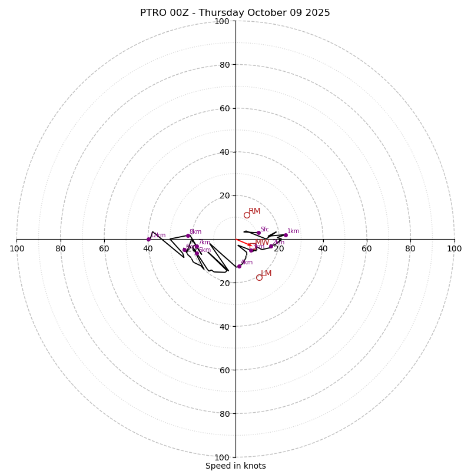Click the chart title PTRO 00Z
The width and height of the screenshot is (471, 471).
pos(235,13)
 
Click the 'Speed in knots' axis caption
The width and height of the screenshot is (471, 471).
pos(235,466)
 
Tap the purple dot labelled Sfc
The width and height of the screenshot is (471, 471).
pos(258,233)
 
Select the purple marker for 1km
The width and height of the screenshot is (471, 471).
pos(286,235)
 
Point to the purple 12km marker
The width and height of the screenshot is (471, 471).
pos(148,239)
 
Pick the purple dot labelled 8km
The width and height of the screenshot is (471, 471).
pos(188,235)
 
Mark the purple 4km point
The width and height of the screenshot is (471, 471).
pos(239,266)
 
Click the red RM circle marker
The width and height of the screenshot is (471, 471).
pos(247,215)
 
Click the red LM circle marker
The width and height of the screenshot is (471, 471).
pos(259,277)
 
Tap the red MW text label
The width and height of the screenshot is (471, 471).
pos(262,243)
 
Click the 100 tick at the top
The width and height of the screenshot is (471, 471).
pos(222,21)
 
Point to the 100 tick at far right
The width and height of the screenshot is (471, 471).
pos(454,248)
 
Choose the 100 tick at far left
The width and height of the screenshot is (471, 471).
pos(16,248)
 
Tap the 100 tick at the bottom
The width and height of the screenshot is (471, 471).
pos(222,457)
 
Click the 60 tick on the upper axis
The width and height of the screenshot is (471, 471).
pos(224,108)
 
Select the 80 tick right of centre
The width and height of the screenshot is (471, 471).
pos(410,248)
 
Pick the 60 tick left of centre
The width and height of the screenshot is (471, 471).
pos(104,248)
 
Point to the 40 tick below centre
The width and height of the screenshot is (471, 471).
pos(224,326)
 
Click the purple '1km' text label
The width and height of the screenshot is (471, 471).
pos(293,231)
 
